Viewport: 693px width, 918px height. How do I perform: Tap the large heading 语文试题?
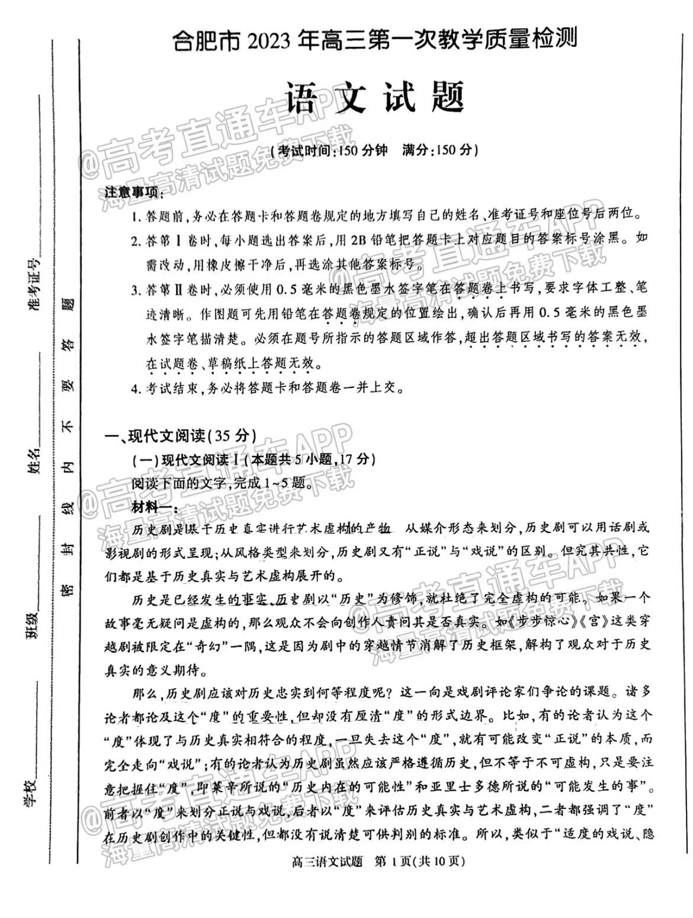coord(374,97)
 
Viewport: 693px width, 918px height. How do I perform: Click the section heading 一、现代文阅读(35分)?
coord(181,436)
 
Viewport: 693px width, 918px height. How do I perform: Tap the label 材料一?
coord(150,507)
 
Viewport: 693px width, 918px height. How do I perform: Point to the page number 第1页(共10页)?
coord(420,862)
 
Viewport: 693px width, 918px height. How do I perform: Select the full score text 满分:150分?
coord(439,150)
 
